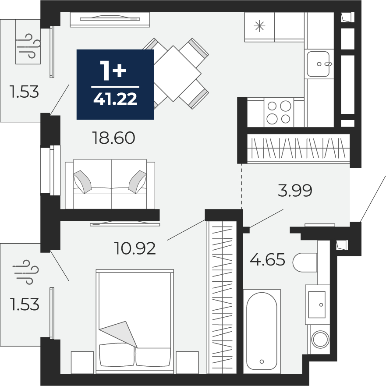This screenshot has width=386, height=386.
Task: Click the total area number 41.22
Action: point(115,99)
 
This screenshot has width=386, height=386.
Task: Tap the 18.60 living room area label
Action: point(113,138)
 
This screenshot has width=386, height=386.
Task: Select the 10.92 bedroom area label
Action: point(135,248)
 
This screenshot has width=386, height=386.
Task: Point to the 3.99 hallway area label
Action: point(295,190)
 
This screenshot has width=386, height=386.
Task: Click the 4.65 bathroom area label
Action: point(267,259)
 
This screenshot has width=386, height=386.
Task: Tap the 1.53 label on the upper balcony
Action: point(24,92)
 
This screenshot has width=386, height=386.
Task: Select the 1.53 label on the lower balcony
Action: point(25,304)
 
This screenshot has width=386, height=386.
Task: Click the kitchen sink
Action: point(318,64)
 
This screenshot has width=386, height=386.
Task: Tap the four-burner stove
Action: point(279,112)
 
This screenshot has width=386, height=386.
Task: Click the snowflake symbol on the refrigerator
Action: point(259,26)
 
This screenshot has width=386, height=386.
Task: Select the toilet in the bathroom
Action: point(305,262)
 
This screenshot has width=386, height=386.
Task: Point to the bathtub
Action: point(262,331)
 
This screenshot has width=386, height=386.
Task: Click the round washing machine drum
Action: point(320,340)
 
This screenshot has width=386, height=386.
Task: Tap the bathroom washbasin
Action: point(317,305)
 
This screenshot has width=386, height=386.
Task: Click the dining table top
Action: point(174,73)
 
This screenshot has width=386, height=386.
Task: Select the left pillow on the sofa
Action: point(82,182)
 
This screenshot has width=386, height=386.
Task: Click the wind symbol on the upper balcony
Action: point(28,46)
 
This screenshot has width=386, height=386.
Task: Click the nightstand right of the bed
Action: point(188,362)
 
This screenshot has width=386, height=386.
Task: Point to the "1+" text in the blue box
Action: point(113,71)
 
